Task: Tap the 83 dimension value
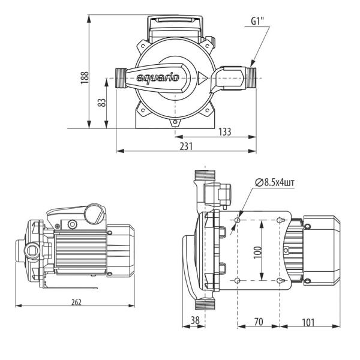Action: click(x=103, y=103)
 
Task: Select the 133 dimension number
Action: click(x=224, y=132)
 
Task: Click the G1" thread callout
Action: click(x=259, y=23)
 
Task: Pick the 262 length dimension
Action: click(x=75, y=301)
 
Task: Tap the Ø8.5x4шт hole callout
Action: click(x=275, y=182)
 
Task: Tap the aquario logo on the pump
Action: click(x=157, y=78)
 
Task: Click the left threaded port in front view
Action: click(x=123, y=78)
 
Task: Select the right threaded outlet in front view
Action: click(x=247, y=76)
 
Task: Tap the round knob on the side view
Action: click(x=93, y=212)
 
